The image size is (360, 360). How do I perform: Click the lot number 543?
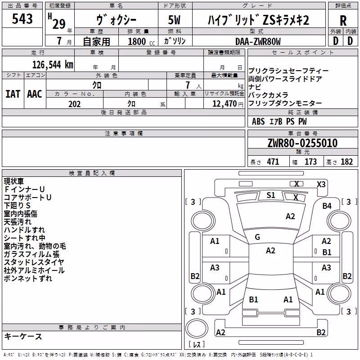(x=22, y=18)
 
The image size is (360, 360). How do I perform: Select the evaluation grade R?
(x=343, y=21)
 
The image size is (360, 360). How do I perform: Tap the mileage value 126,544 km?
(x=53, y=65)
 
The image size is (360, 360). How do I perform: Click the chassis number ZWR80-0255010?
(x=302, y=143)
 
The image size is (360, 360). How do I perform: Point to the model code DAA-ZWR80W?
(x=258, y=41)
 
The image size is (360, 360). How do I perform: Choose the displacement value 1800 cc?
(x=141, y=41)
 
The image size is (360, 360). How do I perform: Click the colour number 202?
(x=74, y=104)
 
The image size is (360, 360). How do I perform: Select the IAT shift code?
(x=13, y=94)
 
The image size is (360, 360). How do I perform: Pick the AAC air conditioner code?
(x=35, y=94)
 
